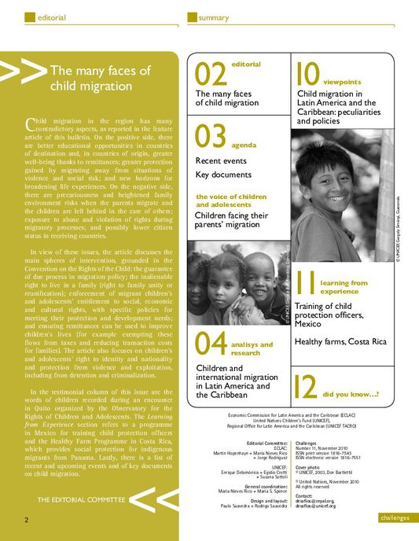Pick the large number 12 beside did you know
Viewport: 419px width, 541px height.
(x=307, y=387)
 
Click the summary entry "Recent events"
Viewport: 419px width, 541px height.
(x=221, y=160)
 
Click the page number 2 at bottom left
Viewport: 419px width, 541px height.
(x=26, y=520)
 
